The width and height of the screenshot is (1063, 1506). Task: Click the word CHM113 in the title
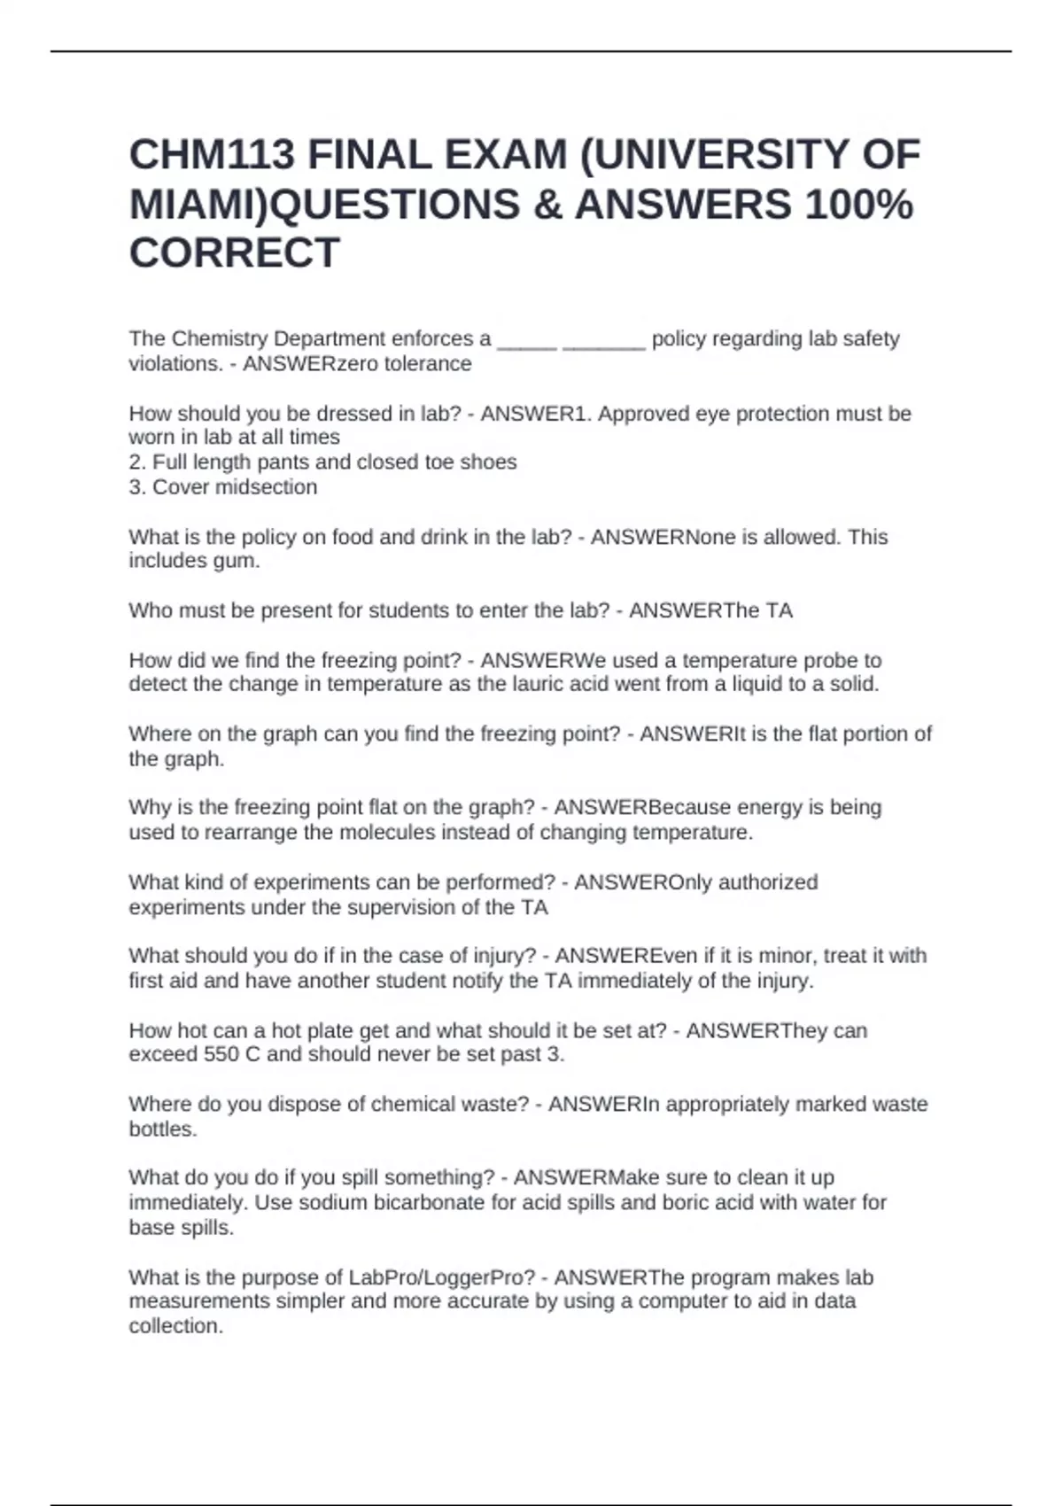point(212,156)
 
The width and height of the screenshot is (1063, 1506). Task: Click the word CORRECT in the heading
point(235,253)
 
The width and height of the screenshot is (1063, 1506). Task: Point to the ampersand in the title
point(547,206)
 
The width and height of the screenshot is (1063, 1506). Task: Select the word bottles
point(162,1129)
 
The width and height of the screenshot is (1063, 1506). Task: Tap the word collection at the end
point(175,1327)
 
